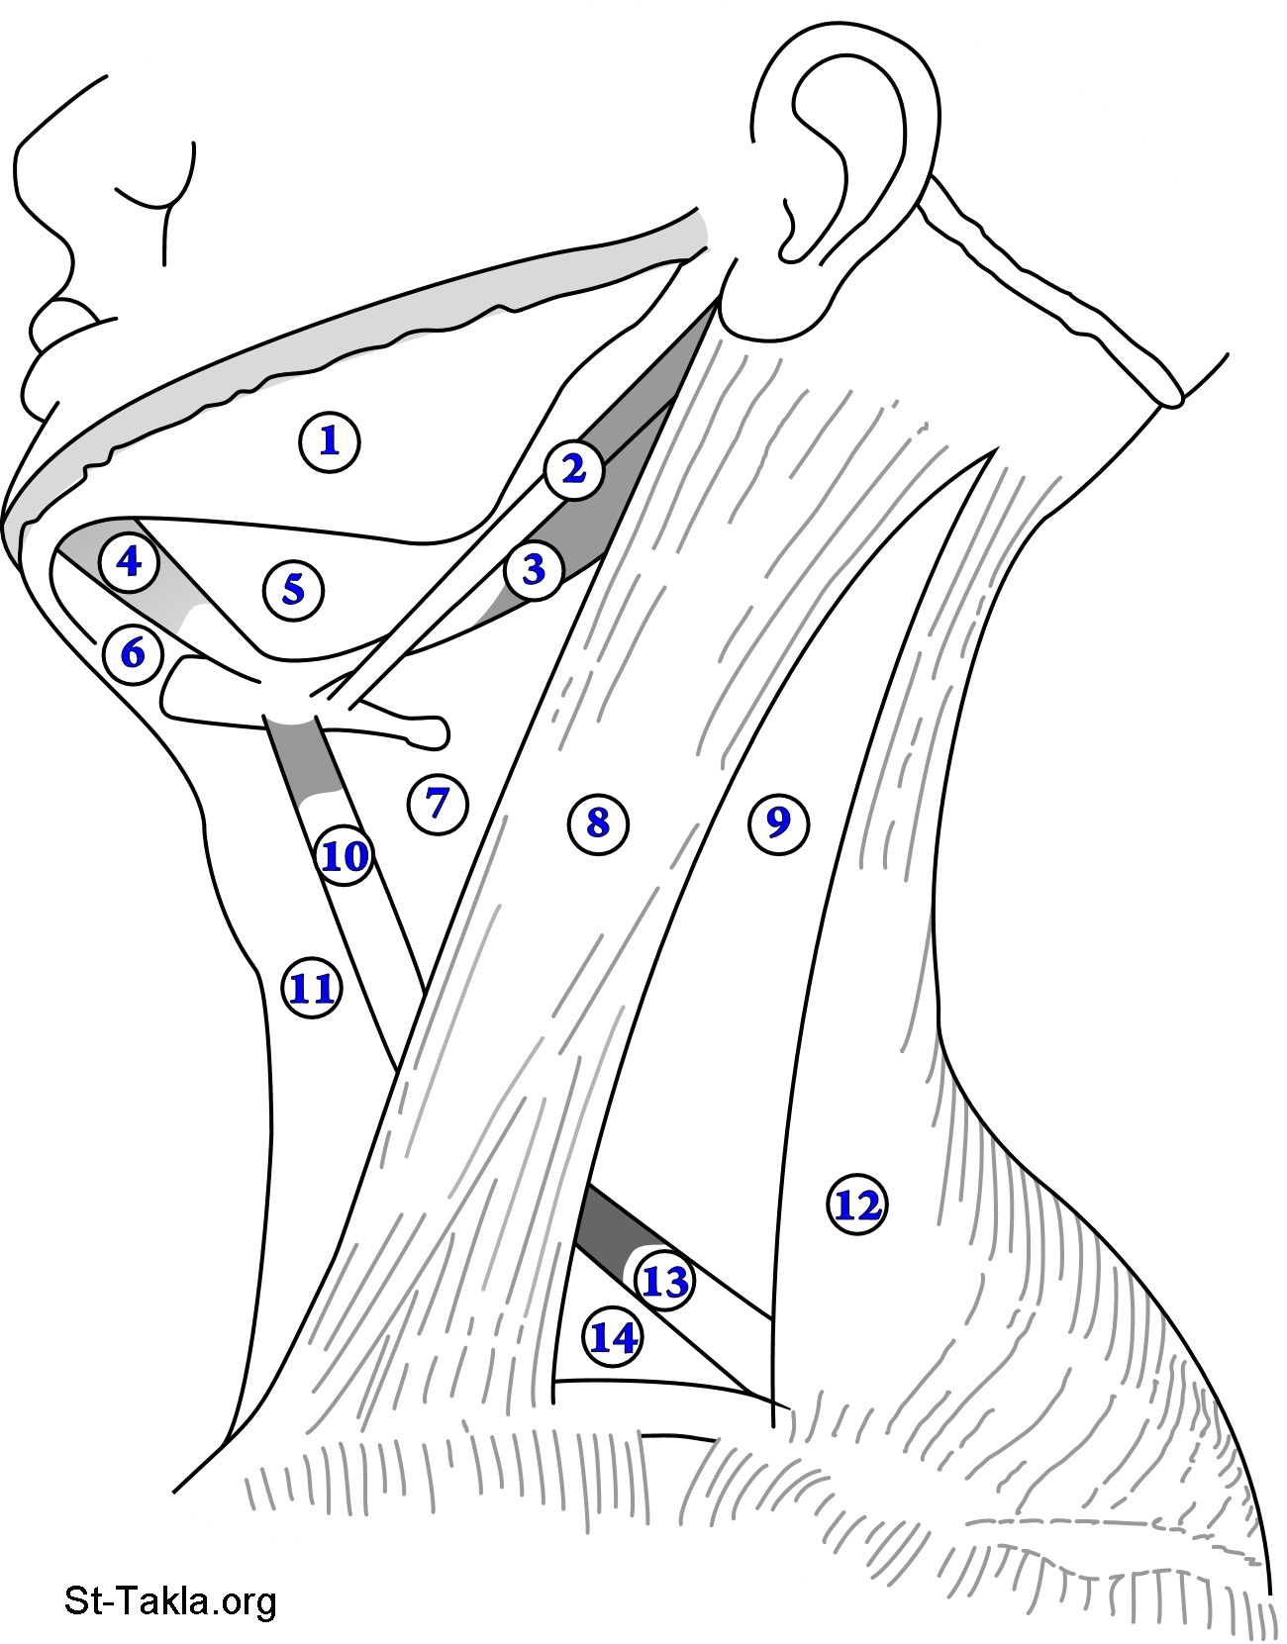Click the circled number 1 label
330,441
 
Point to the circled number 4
129,562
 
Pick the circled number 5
294,590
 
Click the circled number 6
133,653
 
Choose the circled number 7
437,804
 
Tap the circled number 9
778,822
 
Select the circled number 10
345,856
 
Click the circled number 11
312,989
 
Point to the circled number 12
857,1206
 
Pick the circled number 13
665,1282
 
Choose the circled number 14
614,1338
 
